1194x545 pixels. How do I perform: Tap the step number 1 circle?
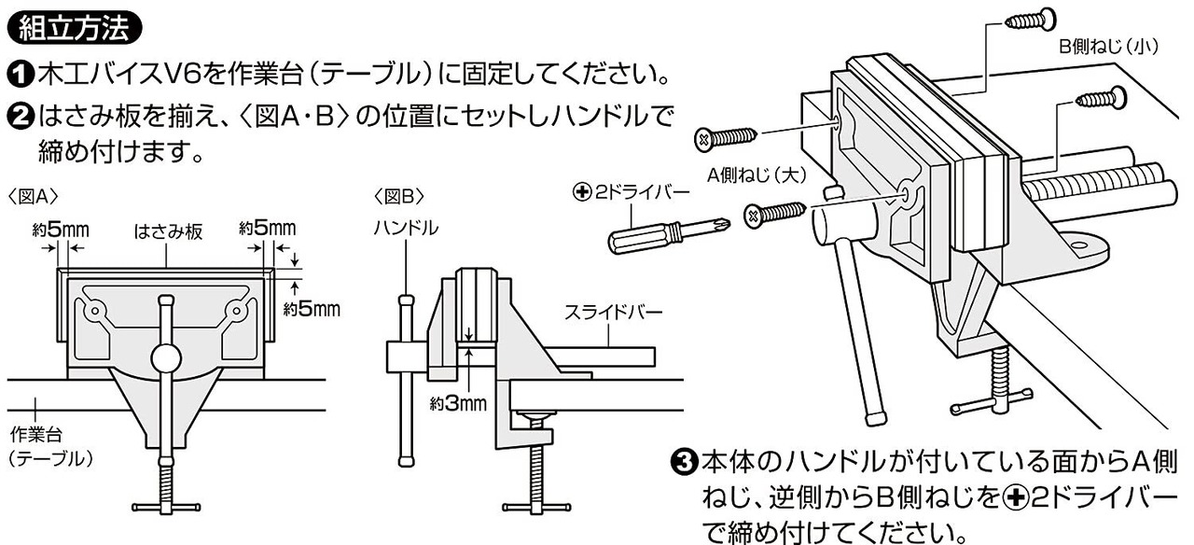(x=19, y=72)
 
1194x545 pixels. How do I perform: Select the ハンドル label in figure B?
(x=405, y=228)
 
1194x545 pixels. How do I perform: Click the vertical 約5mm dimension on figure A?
(x=312, y=307)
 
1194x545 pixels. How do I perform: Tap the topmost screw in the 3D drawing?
(x=1031, y=19)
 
